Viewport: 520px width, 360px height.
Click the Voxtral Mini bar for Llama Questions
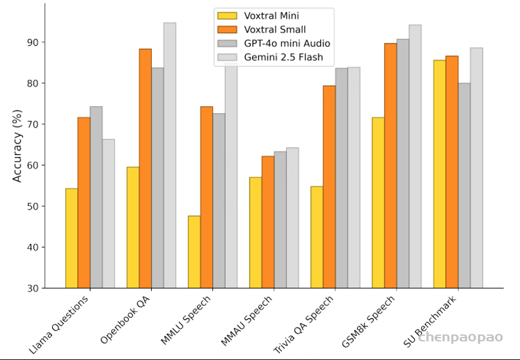coord(72,238)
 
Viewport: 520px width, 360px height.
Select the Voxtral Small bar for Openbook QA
coord(146,168)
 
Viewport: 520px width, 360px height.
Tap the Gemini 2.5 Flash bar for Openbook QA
coord(170,155)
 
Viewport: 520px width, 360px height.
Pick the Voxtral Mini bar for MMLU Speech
coord(194,252)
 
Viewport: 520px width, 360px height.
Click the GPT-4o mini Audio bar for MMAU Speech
coord(281,219)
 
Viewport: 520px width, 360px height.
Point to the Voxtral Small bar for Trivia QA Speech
coord(329,187)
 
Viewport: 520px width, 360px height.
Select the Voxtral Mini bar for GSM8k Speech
coord(378,203)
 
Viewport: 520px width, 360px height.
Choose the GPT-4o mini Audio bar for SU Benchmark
coord(464,185)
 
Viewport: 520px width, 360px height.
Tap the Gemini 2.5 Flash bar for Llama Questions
coord(108,213)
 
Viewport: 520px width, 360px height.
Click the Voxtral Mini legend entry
coord(258,16)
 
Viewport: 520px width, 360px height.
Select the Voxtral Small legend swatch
coord(227,29)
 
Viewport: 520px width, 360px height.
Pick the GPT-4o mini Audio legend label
coord(287,44)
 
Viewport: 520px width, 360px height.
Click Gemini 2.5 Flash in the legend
coord(271,57)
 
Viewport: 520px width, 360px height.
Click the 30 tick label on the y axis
coord(33,288)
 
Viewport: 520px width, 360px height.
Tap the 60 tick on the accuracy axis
coord(33,165)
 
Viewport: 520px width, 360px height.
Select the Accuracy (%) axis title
coord(17,146)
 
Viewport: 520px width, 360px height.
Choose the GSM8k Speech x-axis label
coord(368,321)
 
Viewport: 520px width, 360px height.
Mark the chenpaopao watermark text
coord(461,337)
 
